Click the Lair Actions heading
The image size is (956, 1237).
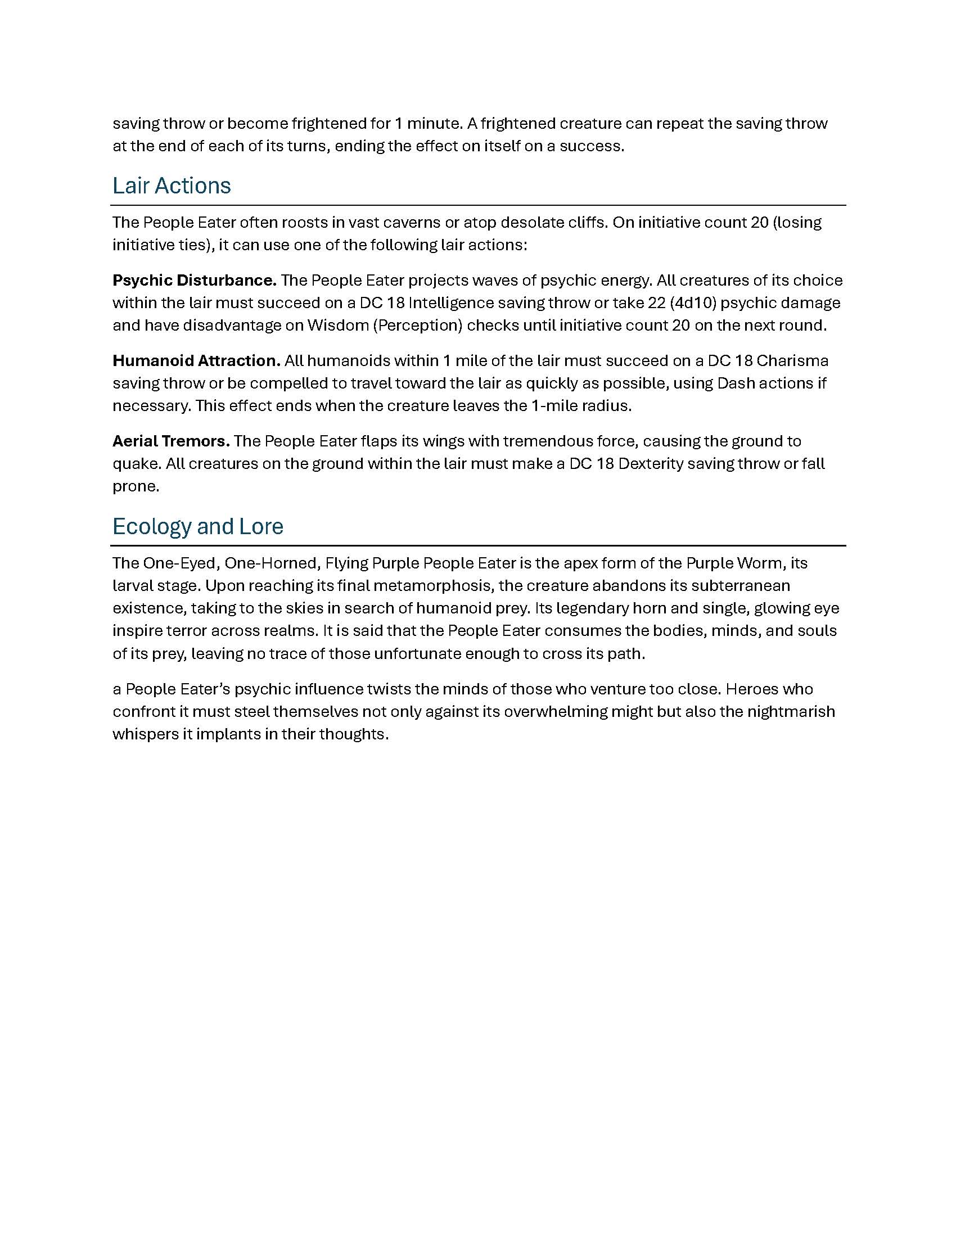point(172,186)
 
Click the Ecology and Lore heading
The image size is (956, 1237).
point(197,526)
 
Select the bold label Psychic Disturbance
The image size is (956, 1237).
point(194,281)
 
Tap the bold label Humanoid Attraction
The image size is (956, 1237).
point(196,361)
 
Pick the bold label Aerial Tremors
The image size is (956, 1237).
point(171,441)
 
